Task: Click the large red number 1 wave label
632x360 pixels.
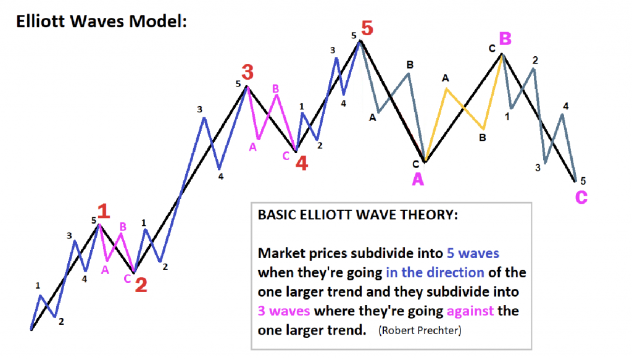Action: pos(104,211)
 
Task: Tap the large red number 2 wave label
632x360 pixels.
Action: pos(141,285)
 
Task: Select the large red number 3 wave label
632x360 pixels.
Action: pos(247,72)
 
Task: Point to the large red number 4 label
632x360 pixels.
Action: pos(302,163)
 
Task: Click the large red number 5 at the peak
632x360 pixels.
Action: pos(367,28)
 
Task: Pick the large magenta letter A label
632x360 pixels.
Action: pos(418,179)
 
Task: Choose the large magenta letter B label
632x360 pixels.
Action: pos(505,39)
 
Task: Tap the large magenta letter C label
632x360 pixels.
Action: pos(581,197)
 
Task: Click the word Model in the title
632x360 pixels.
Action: pos(158,21)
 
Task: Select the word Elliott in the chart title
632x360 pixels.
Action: pos(41,21)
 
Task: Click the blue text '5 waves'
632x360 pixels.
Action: pos(473,253)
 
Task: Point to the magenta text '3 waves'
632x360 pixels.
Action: pos(284,311)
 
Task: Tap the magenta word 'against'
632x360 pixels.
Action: pos(470,311)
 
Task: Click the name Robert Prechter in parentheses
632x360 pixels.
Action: pos(420,330)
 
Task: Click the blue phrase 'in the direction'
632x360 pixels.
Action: pos(435,272)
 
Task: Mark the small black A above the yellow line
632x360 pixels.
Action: pos(446,78)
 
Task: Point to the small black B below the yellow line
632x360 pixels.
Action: pos(483,138)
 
